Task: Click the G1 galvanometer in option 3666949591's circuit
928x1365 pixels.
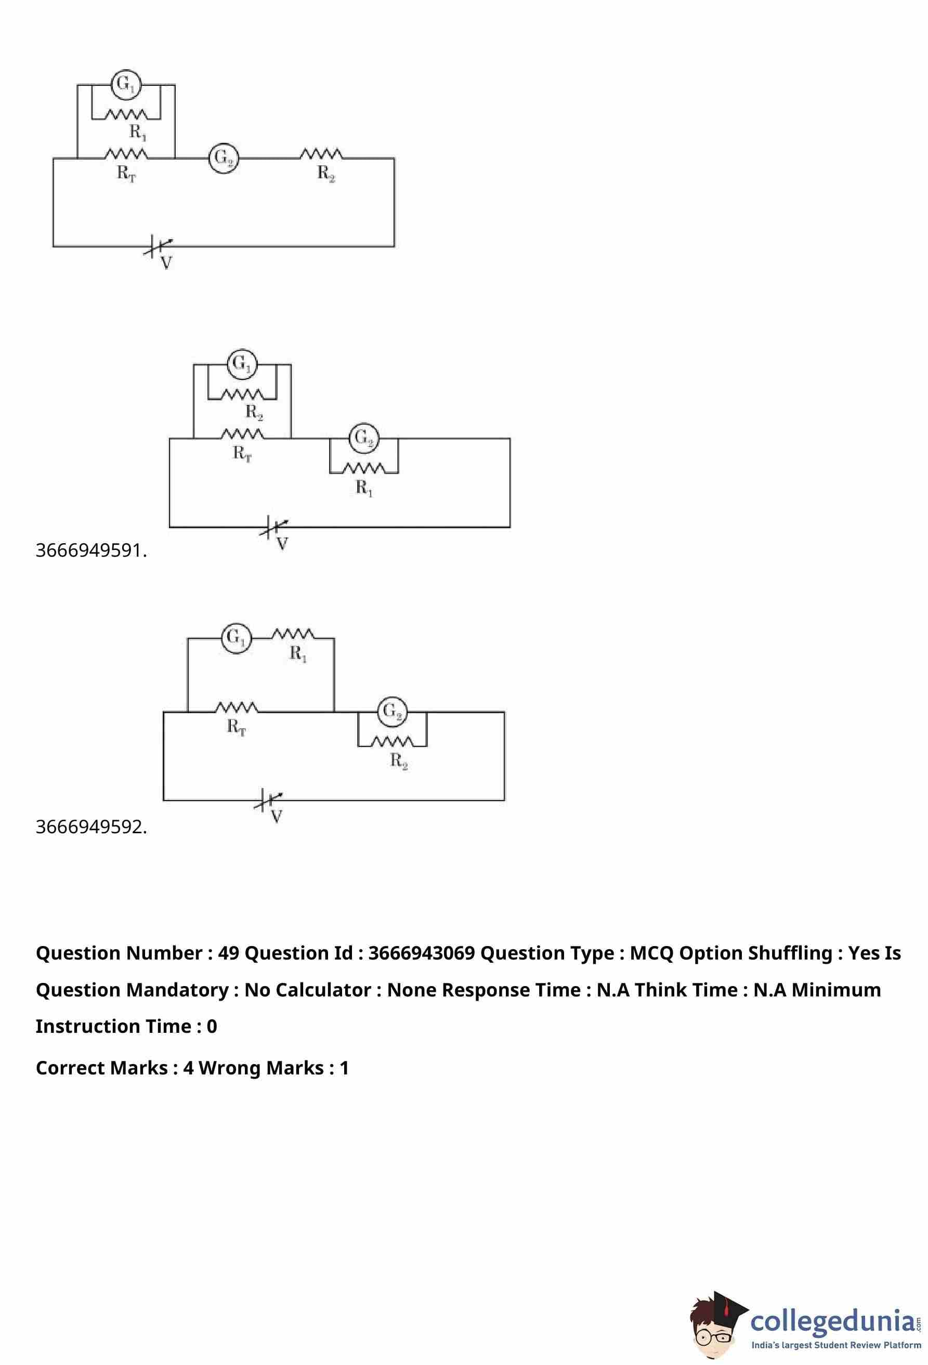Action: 242,364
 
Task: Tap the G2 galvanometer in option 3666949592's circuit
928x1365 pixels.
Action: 393,712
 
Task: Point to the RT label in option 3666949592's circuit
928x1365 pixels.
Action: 237,728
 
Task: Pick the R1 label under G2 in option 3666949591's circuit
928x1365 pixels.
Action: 364,488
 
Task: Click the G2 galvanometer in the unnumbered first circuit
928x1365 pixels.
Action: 223,158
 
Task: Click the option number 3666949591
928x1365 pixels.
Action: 91,551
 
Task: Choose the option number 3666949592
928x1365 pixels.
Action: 91,827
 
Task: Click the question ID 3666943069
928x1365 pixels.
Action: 421,953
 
